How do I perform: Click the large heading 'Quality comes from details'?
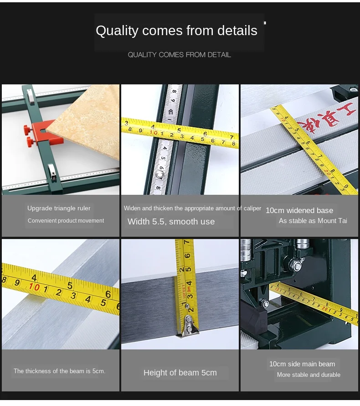click(x=176, y=31)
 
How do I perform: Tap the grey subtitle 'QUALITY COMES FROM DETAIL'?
click(x=179, y=55)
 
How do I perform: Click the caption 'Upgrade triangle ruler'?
click(x=59, y=208)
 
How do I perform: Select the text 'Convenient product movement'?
click(x=66, y=221)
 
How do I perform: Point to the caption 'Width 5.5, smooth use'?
click(x=171, y=222)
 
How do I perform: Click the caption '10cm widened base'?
click(x=299, y=210)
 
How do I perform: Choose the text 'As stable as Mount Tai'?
click(x=313, y=221)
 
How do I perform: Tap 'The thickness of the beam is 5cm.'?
click(x=60, y=371)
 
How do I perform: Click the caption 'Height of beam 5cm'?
click(x=180, y=373)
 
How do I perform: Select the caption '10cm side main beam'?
click(x=302, y=364)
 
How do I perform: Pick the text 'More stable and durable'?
click(x=309, y=375)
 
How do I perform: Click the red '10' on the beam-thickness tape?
click(x=34, y=287)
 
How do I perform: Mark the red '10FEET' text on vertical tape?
click(x=185, y=291)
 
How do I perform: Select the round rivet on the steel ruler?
click(x=160, y=175)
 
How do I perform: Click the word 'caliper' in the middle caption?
click(x=252, y=208)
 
